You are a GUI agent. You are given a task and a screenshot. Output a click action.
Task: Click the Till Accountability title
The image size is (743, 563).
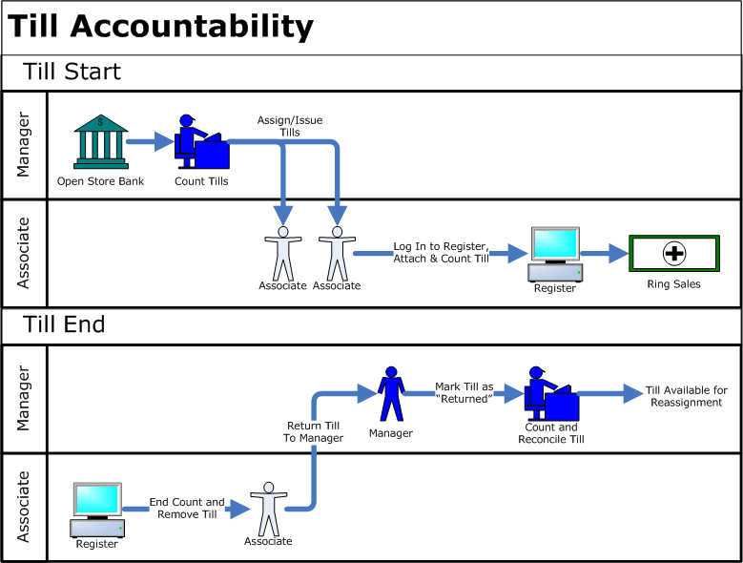coord(160,27)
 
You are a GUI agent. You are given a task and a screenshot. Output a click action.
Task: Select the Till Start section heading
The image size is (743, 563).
coord(73,72)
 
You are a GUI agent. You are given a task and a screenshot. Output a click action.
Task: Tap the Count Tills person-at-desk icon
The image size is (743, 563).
coord(201,143)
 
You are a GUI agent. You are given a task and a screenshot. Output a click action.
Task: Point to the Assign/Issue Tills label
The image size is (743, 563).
coord(290,126)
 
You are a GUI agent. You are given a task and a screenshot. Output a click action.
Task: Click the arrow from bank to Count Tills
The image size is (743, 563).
coord(150,144)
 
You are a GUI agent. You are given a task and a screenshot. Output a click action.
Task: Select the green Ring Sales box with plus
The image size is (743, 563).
coord(673,254)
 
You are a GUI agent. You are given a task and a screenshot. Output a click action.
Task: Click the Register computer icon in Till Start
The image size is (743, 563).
coord(555,254)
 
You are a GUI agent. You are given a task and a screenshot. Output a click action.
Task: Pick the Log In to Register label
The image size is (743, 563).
coord(440,253)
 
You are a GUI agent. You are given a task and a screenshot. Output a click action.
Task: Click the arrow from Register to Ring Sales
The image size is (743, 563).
coord(604,254)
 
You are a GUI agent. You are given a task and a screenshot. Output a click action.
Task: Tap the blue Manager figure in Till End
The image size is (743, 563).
coord(390,394)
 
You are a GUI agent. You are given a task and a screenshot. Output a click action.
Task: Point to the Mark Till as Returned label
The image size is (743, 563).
coord(464,392)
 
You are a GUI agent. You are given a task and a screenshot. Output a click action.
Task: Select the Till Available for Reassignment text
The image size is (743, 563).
coord(686,396)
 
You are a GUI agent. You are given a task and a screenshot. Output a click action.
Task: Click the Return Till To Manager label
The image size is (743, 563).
coord(314,431)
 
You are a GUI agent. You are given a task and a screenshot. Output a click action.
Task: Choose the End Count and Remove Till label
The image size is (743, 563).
coord(187,508)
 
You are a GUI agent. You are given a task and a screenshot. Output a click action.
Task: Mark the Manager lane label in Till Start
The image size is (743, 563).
coord(24,145)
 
